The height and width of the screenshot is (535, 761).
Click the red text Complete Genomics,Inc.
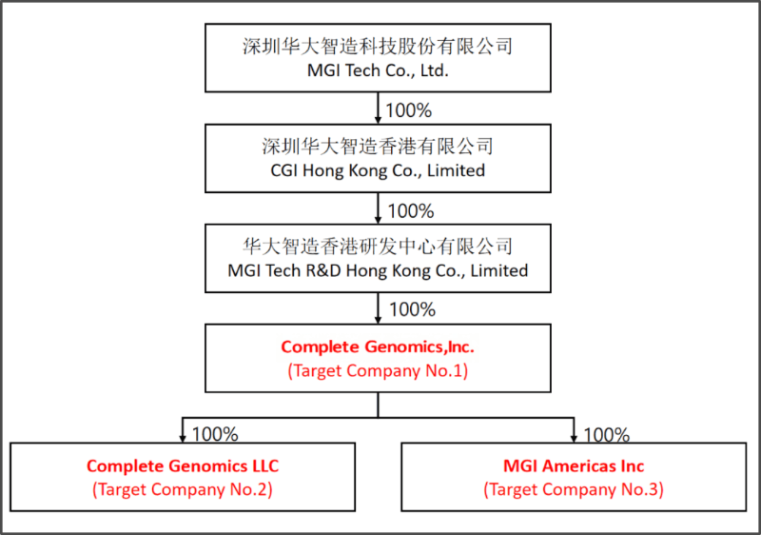[378, 347]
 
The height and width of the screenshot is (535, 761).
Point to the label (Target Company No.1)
[378, 371]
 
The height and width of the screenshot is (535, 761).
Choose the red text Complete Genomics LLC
[183, 466]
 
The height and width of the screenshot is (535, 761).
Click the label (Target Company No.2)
[183, 489]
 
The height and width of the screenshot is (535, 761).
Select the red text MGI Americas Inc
[574, 466]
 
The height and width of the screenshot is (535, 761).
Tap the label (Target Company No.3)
[574, 489]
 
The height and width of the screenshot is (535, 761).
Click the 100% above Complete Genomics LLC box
[215, 434]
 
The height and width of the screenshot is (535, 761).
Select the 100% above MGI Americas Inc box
[606, 435]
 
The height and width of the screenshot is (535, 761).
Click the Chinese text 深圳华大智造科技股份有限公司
[378, 46]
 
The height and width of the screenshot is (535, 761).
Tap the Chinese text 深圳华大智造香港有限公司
[378, 147]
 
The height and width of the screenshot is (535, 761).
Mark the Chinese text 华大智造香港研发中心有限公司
[378, 247]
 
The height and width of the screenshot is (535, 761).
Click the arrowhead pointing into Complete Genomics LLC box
[183, 437]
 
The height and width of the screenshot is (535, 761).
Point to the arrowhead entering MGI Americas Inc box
[574, 437]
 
